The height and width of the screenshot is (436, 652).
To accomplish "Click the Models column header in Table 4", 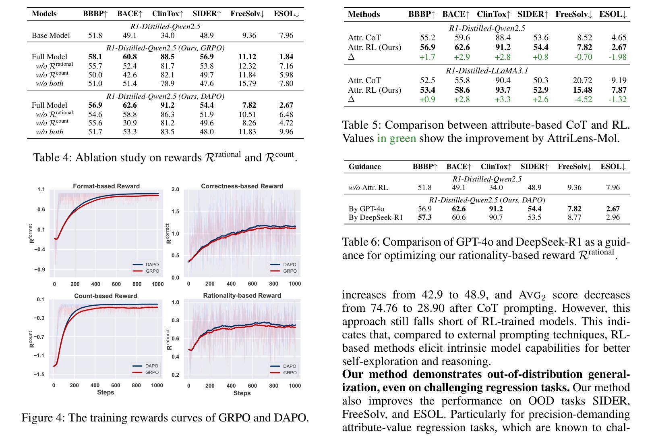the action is [x=44, y=14].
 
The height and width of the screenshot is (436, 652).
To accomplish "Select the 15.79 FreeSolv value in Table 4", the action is [x=247, y=83].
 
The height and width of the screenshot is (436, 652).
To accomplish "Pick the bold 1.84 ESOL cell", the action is [x=286, y=56].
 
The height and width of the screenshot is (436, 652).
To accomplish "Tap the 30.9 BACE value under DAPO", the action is [x=130, y=123].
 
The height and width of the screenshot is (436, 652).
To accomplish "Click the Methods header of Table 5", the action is [x=364, y=14].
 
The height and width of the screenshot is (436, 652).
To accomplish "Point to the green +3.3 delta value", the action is [x=503, y=99].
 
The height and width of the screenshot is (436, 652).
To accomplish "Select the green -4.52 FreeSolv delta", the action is [x=583, y=99].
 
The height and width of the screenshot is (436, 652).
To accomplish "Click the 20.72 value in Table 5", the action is [x=583, y=80].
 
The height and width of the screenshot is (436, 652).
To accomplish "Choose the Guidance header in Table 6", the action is [x=365, y=167].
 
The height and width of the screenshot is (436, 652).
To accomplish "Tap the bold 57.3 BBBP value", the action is [x=425, y=217].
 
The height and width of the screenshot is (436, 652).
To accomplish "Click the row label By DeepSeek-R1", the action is [x=376, y=217].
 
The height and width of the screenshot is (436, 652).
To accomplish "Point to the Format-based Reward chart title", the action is [x=106, y=186].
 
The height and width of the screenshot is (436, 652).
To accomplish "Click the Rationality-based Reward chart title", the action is [x=242, y=295].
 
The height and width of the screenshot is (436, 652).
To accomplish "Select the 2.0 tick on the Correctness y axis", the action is [x=175, y=190].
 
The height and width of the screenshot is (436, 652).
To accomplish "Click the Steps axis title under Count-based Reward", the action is [x=106, y=392].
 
